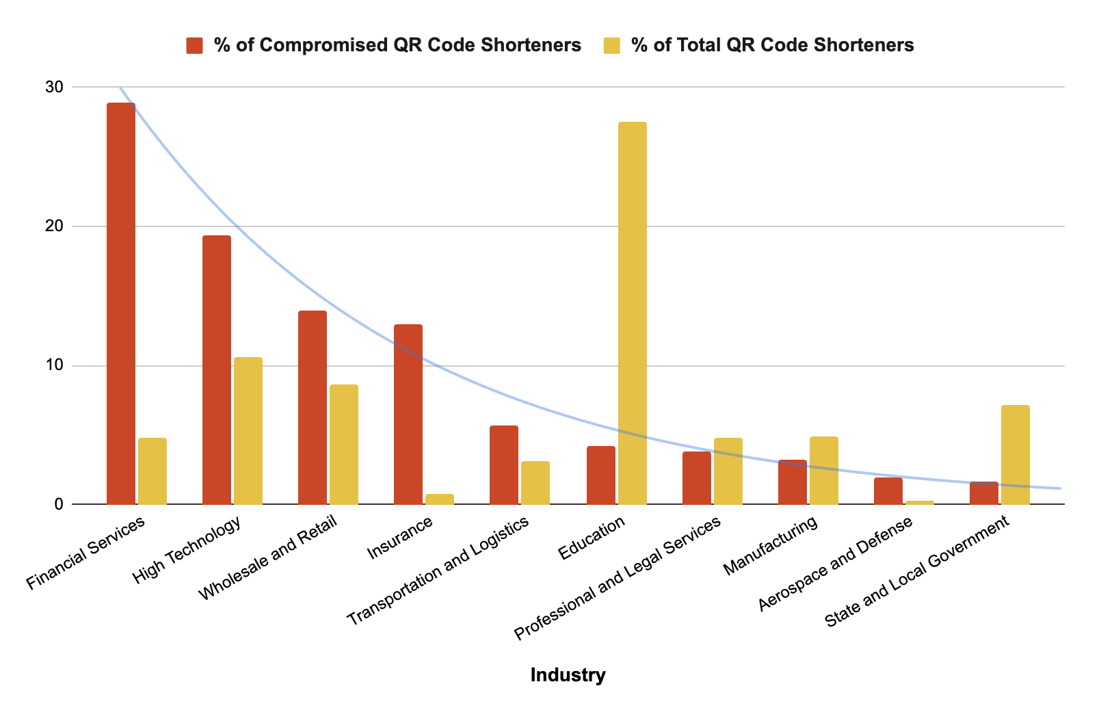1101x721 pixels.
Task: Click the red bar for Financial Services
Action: point(121,304)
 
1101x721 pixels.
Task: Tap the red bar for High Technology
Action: point(217,370)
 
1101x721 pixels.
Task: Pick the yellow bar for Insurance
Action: point(440,499)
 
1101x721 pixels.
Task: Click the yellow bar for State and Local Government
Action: point(1015,455)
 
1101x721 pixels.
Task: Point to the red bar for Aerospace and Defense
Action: point(888,491)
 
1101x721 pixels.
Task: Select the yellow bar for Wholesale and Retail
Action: point(344,445)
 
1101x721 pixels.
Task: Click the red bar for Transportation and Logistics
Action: point(504,465)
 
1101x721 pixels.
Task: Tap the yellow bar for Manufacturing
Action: point(823,471)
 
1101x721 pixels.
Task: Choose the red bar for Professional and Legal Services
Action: point(696,478)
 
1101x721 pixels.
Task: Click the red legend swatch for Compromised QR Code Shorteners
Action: point(195,46)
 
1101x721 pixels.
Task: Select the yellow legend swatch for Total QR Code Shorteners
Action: point(612,46)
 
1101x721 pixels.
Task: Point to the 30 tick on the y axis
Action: point(55,88)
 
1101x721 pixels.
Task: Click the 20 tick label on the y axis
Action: point(55,226)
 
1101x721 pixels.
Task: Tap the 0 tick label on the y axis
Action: point(59,505)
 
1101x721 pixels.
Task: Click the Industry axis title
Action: point(568,676)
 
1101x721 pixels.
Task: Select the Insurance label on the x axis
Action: point(401,538)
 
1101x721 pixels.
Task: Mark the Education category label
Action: point(592,538)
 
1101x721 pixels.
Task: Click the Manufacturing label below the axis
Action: point(771,545)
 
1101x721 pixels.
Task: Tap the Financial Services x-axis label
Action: point(86,553)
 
